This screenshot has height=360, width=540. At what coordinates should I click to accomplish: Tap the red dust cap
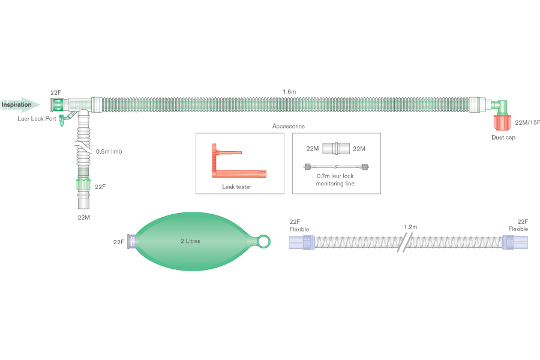503,122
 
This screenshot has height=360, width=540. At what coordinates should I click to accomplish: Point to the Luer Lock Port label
37,119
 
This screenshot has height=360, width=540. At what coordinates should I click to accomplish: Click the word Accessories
289,127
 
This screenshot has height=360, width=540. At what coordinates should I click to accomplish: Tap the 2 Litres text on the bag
191,241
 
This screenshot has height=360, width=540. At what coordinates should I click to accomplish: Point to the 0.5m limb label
109,151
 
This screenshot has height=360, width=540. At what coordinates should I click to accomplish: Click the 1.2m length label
410,227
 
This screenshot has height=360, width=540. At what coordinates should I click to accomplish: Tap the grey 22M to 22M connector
337,149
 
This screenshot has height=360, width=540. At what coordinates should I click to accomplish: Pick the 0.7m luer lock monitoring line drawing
336,167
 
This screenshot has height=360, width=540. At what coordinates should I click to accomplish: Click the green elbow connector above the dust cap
501,106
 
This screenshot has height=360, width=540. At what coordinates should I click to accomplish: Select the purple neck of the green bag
133,241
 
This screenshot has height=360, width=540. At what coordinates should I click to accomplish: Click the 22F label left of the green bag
119,242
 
